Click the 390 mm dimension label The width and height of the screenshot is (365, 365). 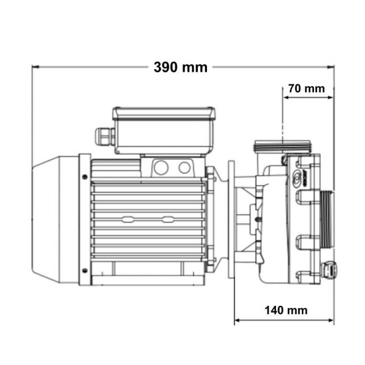pyautogui.click(x=181, y=67)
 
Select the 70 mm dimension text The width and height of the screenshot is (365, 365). pyautogui.click(x=307, y=89)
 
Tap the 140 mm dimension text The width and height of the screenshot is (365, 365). pyautogui.click(x=286, y=310)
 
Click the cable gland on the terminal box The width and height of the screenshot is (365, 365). pyautogui.click(x=105, y=137)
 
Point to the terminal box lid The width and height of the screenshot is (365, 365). pyautogui.click(x=164, y=113)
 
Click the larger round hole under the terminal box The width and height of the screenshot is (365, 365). pyautogui.click(x=161, y=167)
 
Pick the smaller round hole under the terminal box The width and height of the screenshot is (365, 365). pyautogui.click(x=184, y=167)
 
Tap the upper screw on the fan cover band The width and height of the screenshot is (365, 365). pyautogui.click(x=85, y=177)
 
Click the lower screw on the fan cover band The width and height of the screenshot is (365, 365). pyautogui.click(x=85, y=271)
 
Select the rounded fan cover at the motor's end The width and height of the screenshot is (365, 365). pyautogui.click(x=55, y=220)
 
